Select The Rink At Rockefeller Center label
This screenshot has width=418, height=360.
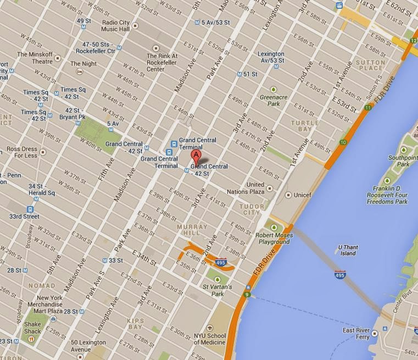pyautogui.click(x=163, y=62)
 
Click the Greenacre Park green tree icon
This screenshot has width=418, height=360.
pyautogui.click(x=274, y=90)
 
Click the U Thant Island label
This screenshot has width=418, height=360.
pyautogui.click(x=347, y=250)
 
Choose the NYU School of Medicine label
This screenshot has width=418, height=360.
pyautogui.click(x=209, y=339)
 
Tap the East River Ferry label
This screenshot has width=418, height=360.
pyautogui.click(x=355, y=334)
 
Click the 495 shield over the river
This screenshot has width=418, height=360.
pyautogui.click(x=340, y=274)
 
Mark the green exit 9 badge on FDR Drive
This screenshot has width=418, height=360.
pyautogui.click(x=247, y=295)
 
